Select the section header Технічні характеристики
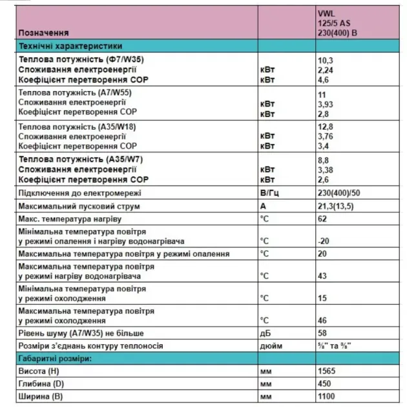(x=70, y=46)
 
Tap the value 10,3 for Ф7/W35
(x=324, y=59)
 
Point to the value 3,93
(x=326, y=103)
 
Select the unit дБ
(x=265, y=333)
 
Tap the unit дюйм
(x=271, y=346)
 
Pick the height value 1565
(x=327, y=371)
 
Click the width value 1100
(x=327, y=396)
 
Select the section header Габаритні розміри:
(x=56, y=359)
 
